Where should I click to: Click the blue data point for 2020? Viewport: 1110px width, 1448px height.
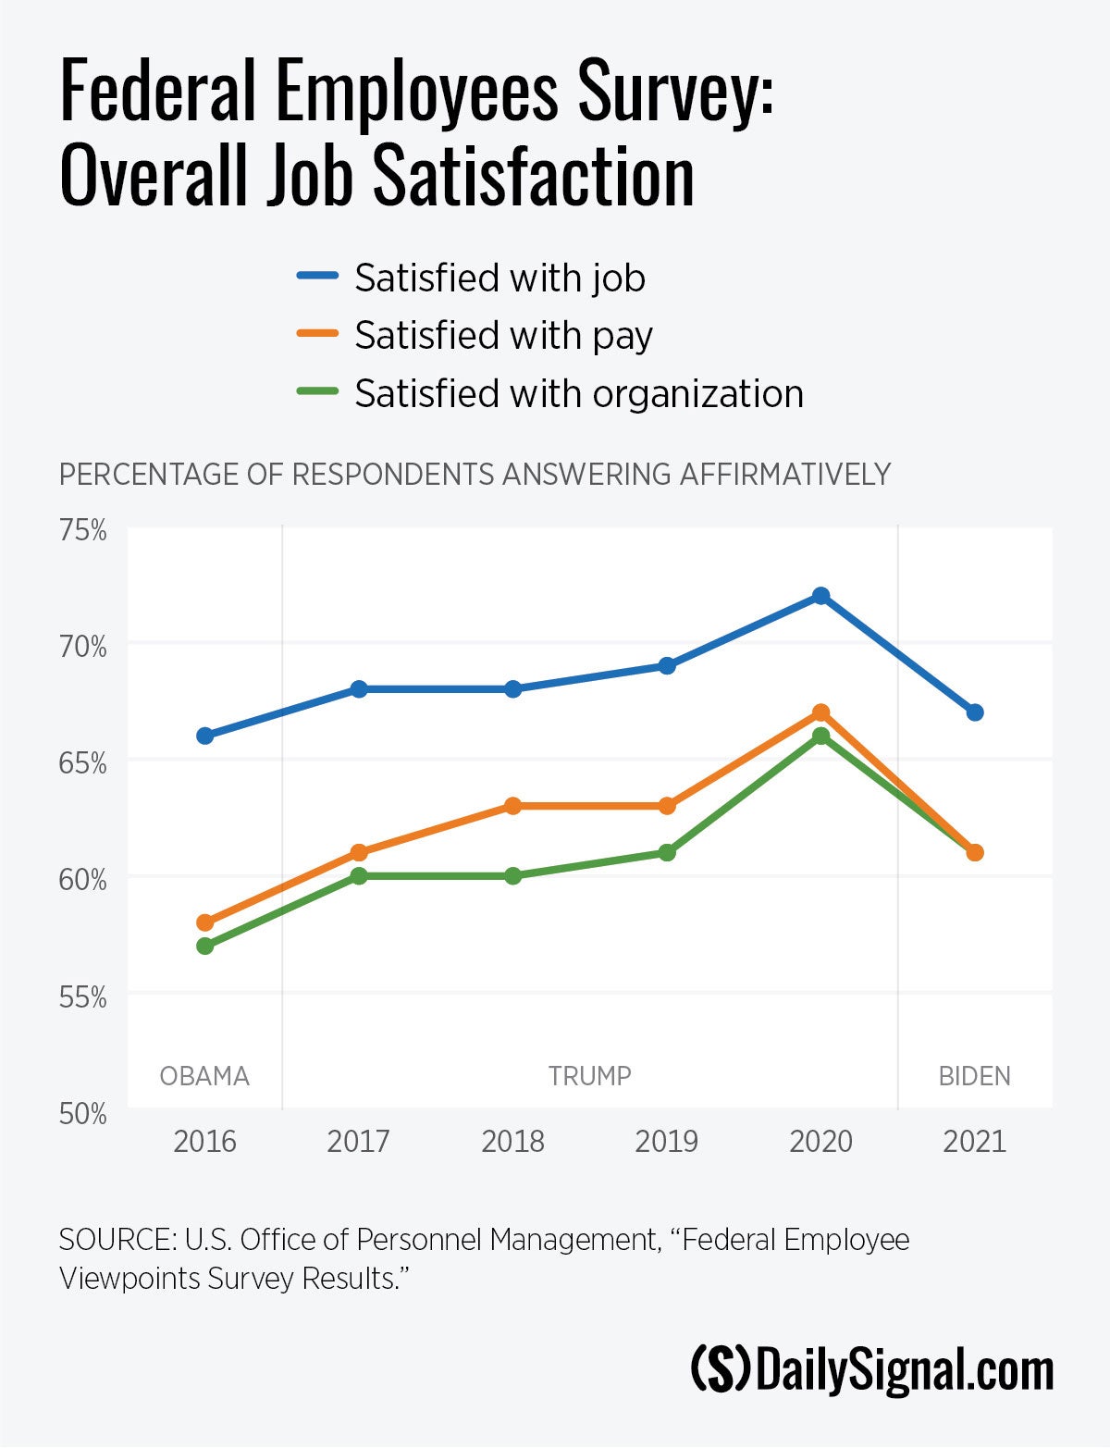[820, 596]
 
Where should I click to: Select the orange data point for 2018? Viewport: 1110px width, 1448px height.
[513, 806]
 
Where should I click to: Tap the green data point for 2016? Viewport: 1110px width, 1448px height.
[205, 946]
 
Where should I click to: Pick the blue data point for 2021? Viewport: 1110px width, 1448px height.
[974, 712]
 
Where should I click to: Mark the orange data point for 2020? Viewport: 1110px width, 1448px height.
[820, 712]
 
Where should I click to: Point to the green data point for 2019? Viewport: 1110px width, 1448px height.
[667, 852]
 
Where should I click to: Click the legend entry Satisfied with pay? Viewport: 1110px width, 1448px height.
[503, 336]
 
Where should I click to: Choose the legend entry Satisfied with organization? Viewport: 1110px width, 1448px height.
[578, 394]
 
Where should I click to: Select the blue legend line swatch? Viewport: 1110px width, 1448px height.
[317, 277]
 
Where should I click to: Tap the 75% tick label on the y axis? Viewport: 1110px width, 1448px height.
[83, 531]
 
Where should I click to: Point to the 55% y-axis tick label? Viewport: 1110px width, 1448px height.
[83, 997]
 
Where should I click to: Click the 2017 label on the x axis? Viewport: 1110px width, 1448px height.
[359, 1142]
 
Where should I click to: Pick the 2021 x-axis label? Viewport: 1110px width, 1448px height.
[974, 1142]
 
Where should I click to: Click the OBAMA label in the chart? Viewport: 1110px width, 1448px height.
[204, 1076]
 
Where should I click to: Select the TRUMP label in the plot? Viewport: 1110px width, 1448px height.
[589, 1076]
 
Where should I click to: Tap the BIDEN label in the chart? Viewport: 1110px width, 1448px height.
[974, 1076]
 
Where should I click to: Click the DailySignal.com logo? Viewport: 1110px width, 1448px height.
[872, 1371]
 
